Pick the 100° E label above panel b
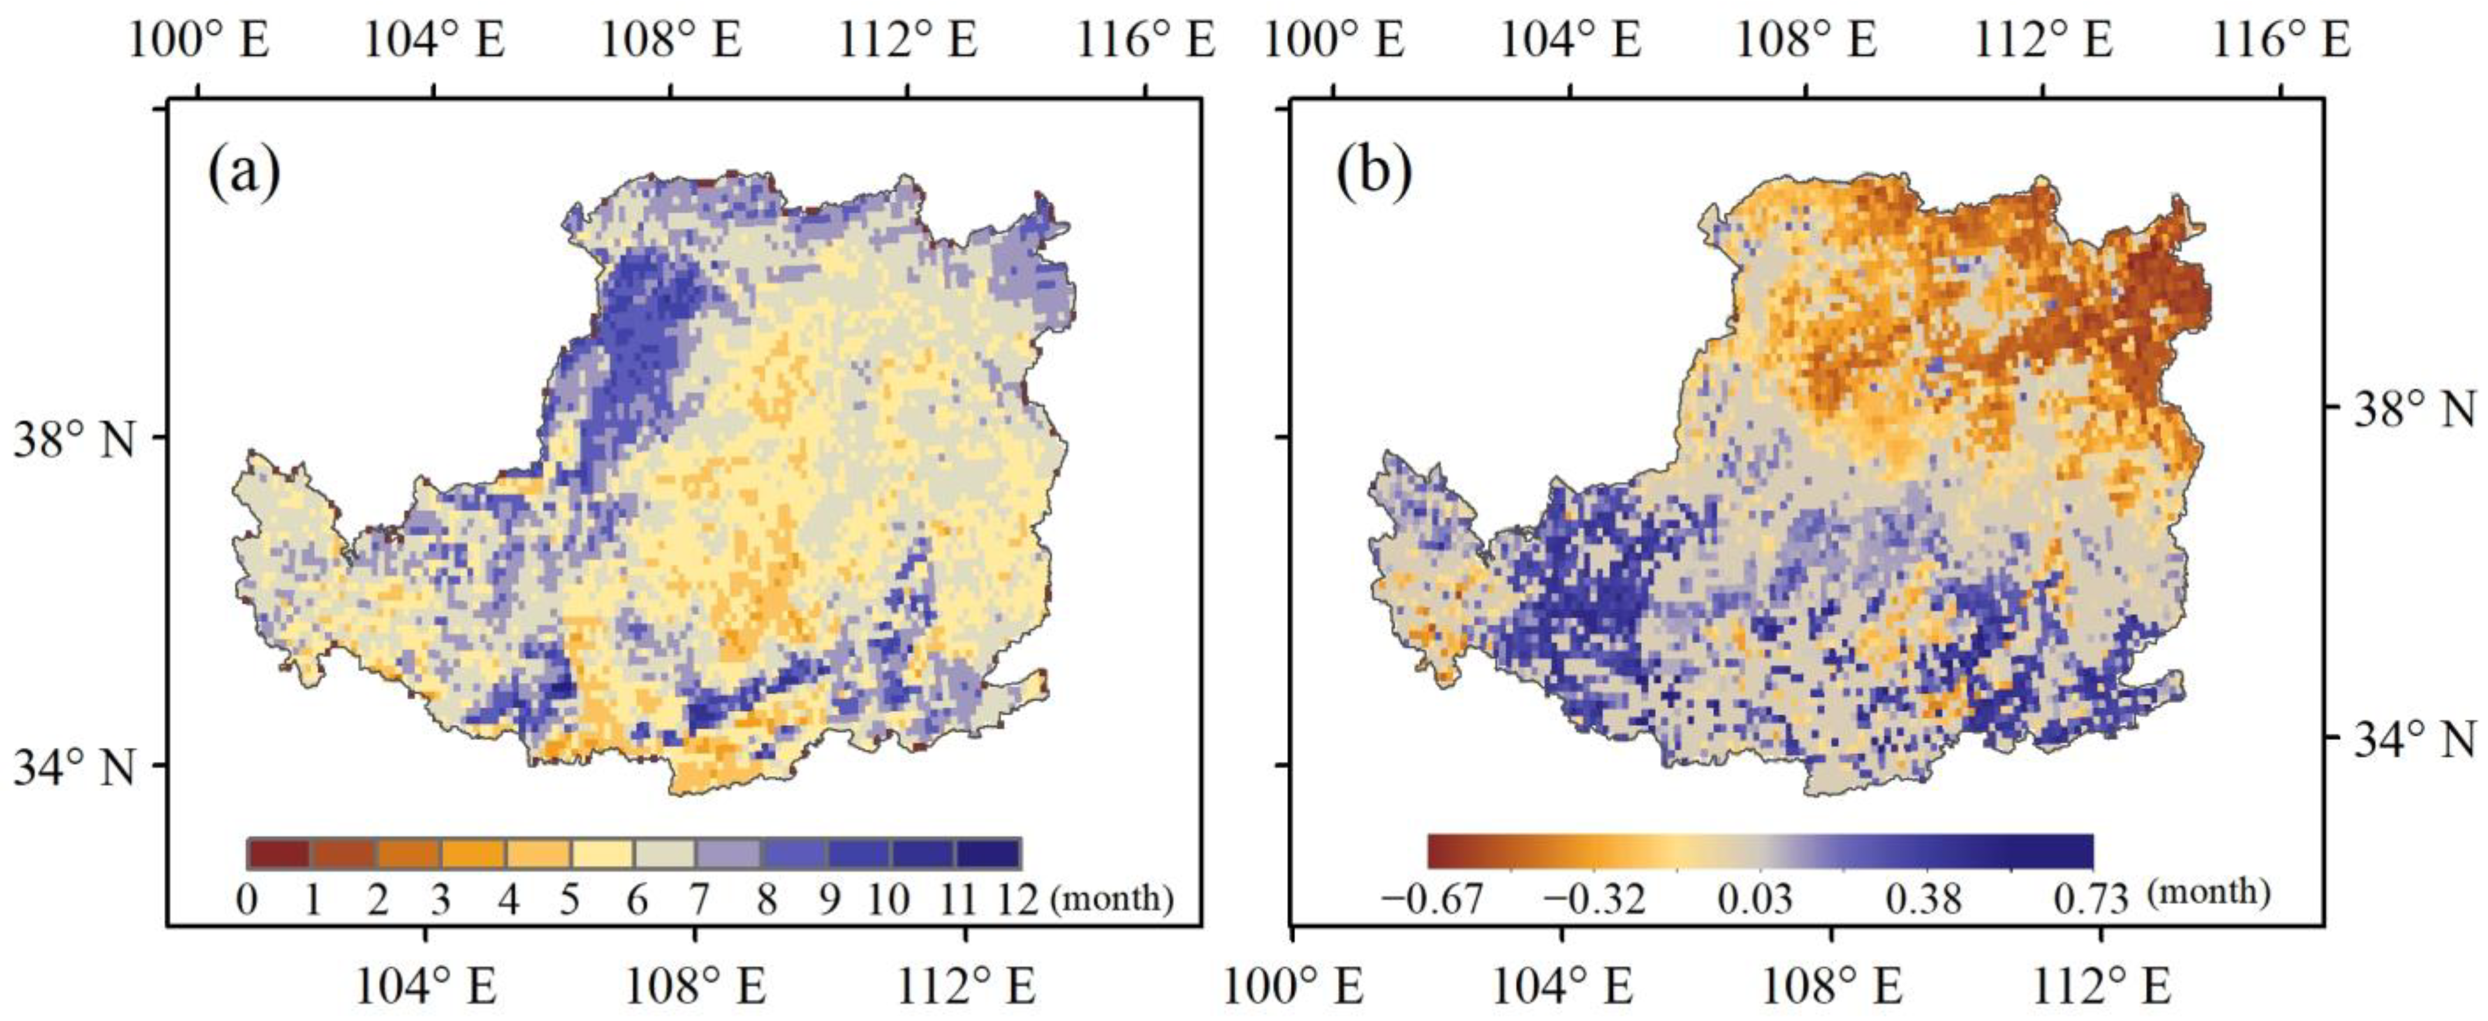click(1334, 42)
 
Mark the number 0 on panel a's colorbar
click(247, 900)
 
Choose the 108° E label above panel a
click(671, 42)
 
